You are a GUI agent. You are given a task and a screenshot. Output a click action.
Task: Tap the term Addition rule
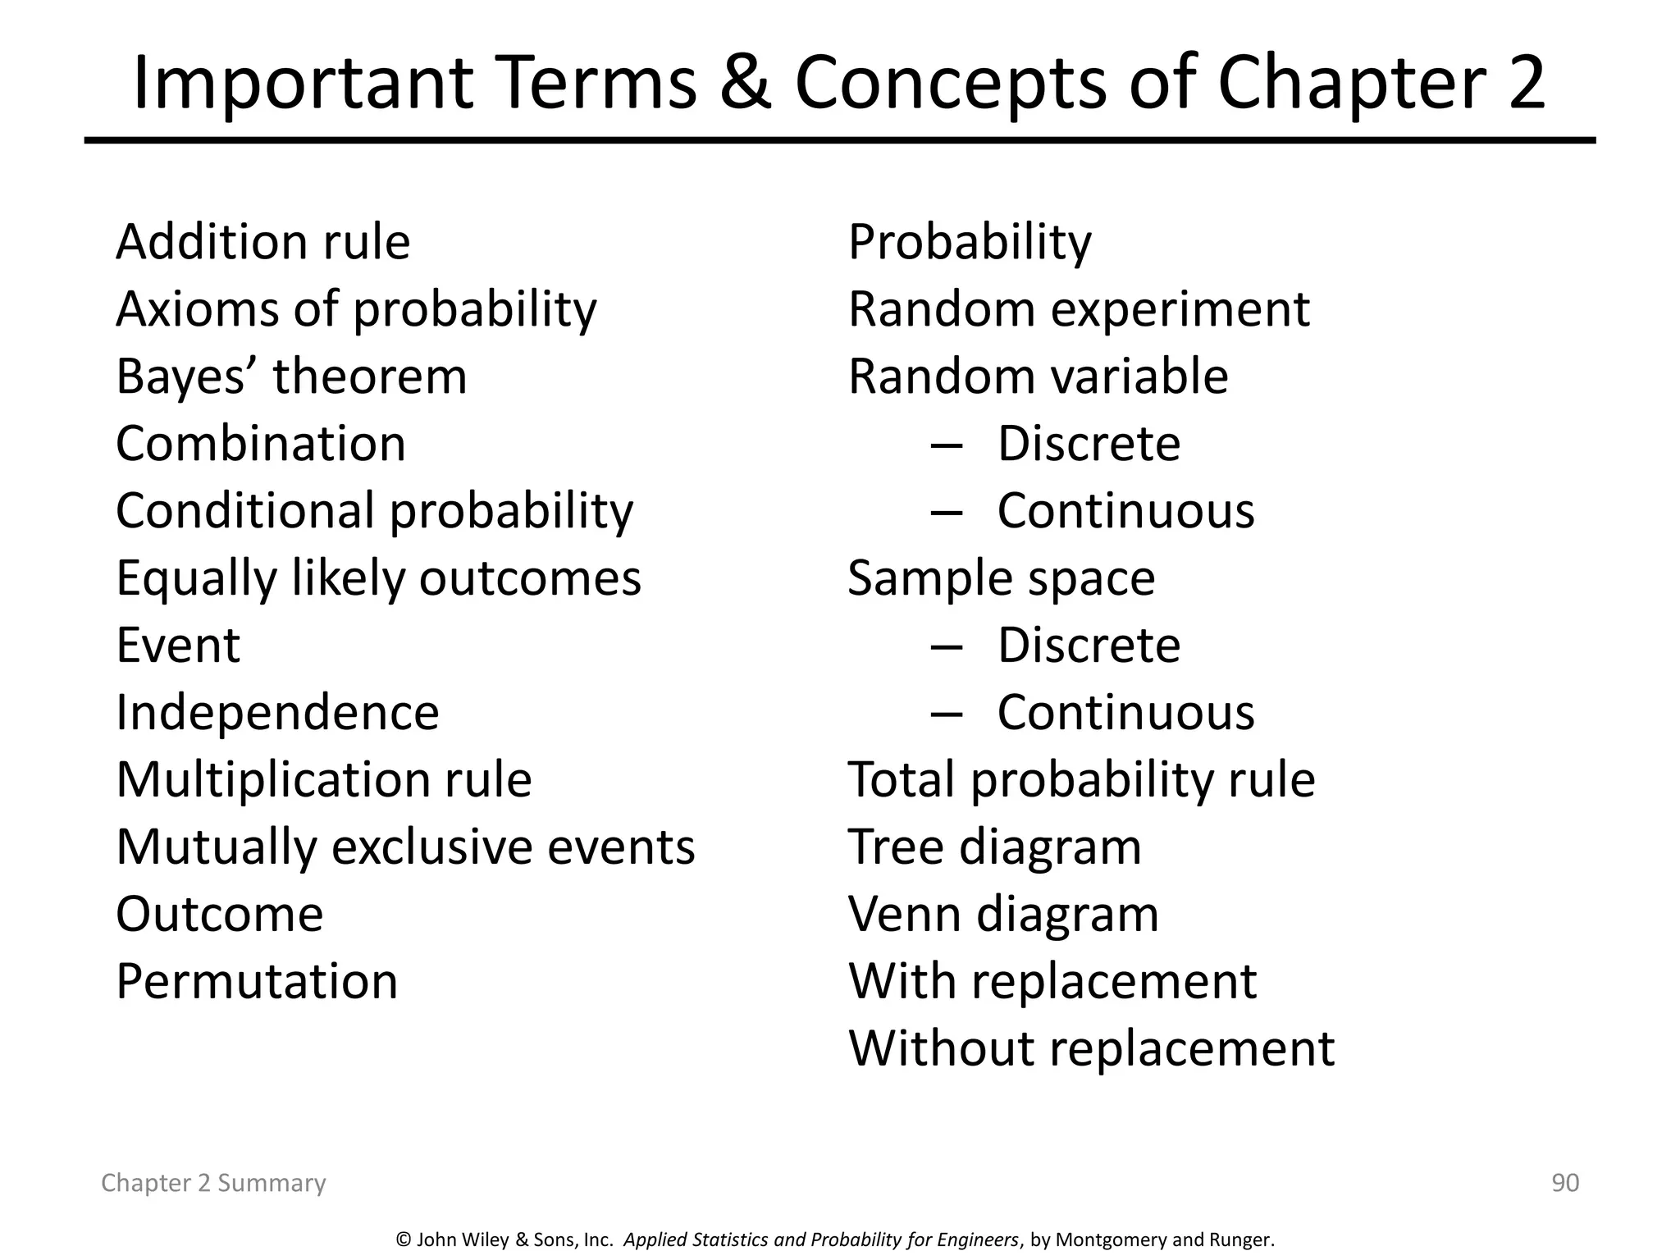pos(262,243)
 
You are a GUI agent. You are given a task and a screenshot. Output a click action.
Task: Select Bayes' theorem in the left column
pos(291,377)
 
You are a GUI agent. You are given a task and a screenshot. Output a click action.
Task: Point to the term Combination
pos(261,445)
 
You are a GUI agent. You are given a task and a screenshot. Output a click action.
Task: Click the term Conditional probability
pos(374,512)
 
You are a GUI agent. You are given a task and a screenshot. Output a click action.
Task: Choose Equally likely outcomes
pos(378,579)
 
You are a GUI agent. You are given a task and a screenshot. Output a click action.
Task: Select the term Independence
pos(277,713)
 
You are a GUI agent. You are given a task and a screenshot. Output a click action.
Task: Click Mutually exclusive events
pos(405,847)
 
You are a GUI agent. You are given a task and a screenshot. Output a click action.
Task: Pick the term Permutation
pos(257,982)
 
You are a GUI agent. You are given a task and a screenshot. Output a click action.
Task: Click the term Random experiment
pos(1079,310)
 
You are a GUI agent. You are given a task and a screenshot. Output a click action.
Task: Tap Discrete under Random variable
pos(1089,445)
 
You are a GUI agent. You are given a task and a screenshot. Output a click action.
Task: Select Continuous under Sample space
pos(1125,713)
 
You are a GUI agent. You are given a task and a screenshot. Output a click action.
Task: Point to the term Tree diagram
pos(994,847)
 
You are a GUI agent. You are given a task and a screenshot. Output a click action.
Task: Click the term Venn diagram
pos(1003,915)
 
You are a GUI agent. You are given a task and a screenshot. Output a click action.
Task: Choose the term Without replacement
pos(1091,1049)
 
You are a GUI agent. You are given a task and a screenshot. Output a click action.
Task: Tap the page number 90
pos(1565,1183)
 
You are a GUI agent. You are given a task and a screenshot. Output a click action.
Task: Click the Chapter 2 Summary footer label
pos(213,1183)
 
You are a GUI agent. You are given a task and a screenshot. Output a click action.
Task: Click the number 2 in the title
pos(1525,84)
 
